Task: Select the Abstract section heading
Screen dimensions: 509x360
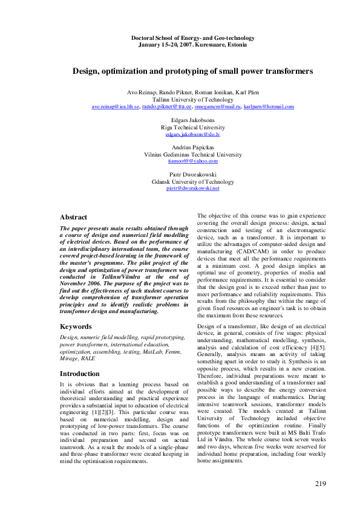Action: (x=73, y=217)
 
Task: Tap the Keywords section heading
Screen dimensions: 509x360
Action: (x=76, y=326)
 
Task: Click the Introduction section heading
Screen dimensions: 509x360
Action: (x=80, y=374)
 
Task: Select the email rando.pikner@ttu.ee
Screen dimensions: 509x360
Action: (x=166, y=106)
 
